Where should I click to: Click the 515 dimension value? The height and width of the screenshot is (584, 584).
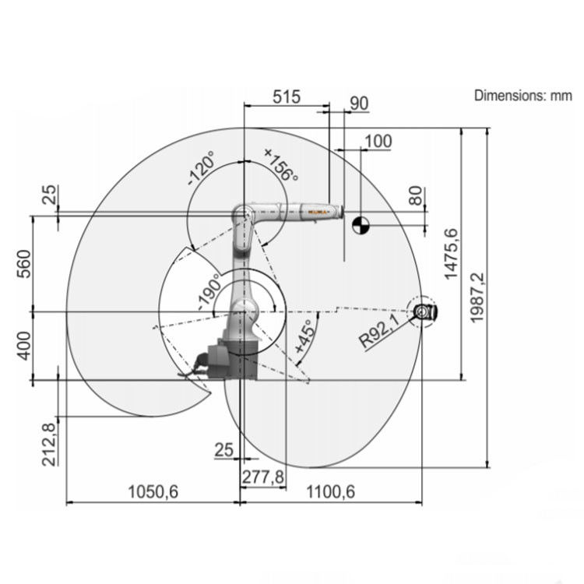tap(287, 97)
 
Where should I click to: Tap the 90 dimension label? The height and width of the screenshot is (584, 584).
tap(359, 103)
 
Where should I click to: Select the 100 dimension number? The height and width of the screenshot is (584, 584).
tap(378, 141)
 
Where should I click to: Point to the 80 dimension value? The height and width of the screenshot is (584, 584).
tap(416, 196)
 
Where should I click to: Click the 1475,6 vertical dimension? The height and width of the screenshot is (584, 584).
tap(451, 254)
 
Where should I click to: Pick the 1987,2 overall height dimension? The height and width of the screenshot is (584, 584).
tap(477, 297)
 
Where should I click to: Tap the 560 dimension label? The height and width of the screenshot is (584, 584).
tap(24, 264)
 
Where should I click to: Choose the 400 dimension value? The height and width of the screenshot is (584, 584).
tap(24, 346)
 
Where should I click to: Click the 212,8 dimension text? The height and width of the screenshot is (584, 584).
tap(50, 445)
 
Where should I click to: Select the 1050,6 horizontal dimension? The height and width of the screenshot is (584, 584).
tap(153, 491)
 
